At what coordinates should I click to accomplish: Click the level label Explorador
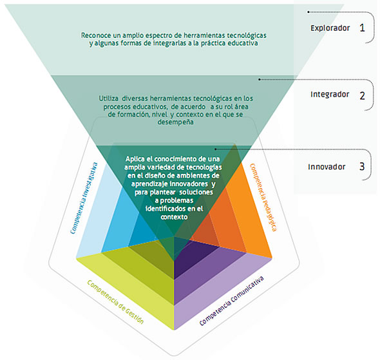click(x=330, y=28)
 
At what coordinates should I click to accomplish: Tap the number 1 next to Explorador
click(x=362, y=28)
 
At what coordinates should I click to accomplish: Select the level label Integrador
click(x=330, y=94)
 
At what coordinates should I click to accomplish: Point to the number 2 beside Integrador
click(x=362, y=96)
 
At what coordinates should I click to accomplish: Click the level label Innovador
click(x=327, y=167)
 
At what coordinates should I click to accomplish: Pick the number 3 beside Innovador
click(x=362, y=166)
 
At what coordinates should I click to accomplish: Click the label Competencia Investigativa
click(x=84, y=198)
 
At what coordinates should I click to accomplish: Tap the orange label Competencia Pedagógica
click(x=263, y=198)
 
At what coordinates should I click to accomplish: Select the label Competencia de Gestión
click(x=115, y=302)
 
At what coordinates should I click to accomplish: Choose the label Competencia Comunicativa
click(x=231, y=301)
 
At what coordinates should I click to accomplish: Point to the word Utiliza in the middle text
click(x=109, y=99)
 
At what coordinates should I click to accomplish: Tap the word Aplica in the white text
click(x=135, y=159)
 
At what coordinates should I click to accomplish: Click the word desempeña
click(x=175, y=122)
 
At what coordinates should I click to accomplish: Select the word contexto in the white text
click(x=174, y=217)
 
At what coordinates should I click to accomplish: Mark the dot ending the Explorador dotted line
click(x=309, y=12)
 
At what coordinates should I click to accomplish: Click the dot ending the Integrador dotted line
click(x=259, y=79)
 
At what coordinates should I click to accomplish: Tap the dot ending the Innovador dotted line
click(x=216, y=149)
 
